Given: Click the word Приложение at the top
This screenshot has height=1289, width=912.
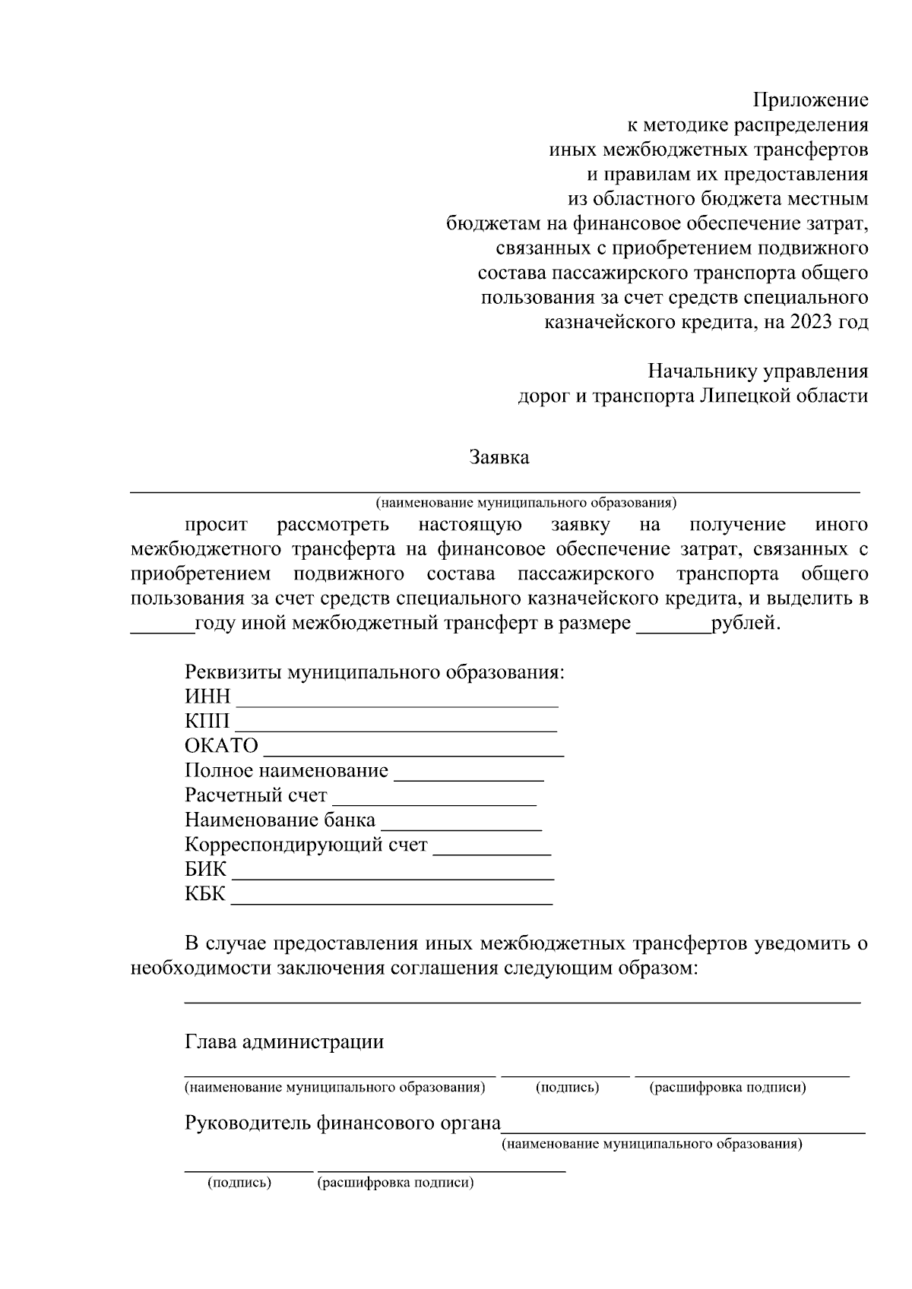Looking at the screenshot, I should pos(810,100).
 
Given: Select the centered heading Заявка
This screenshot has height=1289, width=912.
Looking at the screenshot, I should pos(499,457).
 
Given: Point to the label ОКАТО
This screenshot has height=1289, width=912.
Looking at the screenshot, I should pos(221,746).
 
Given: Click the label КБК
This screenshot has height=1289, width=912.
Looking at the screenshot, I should pos(205,894).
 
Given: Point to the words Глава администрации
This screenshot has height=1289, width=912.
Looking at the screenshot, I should pos(284,1041).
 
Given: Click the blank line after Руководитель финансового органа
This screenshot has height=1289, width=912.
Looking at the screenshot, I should pos(683,1129).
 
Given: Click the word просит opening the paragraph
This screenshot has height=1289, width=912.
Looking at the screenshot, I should pos(216,525).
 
